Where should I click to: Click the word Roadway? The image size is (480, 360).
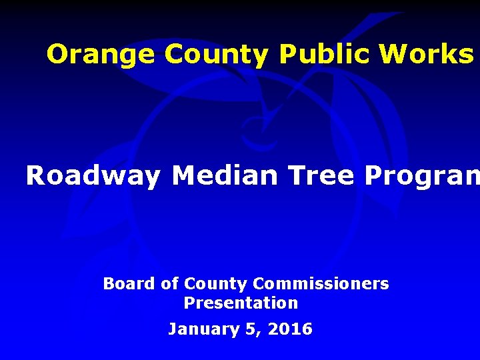pos(93,176)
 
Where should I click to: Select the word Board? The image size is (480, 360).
pos(129,284)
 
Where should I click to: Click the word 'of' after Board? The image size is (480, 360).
pos(170,284)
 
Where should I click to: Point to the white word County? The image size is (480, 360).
pos(215,285)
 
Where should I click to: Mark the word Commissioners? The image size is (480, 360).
pos(321,284)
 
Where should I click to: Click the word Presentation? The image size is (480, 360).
pos(241,303)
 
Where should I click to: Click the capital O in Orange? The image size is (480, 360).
pos(58,55)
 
